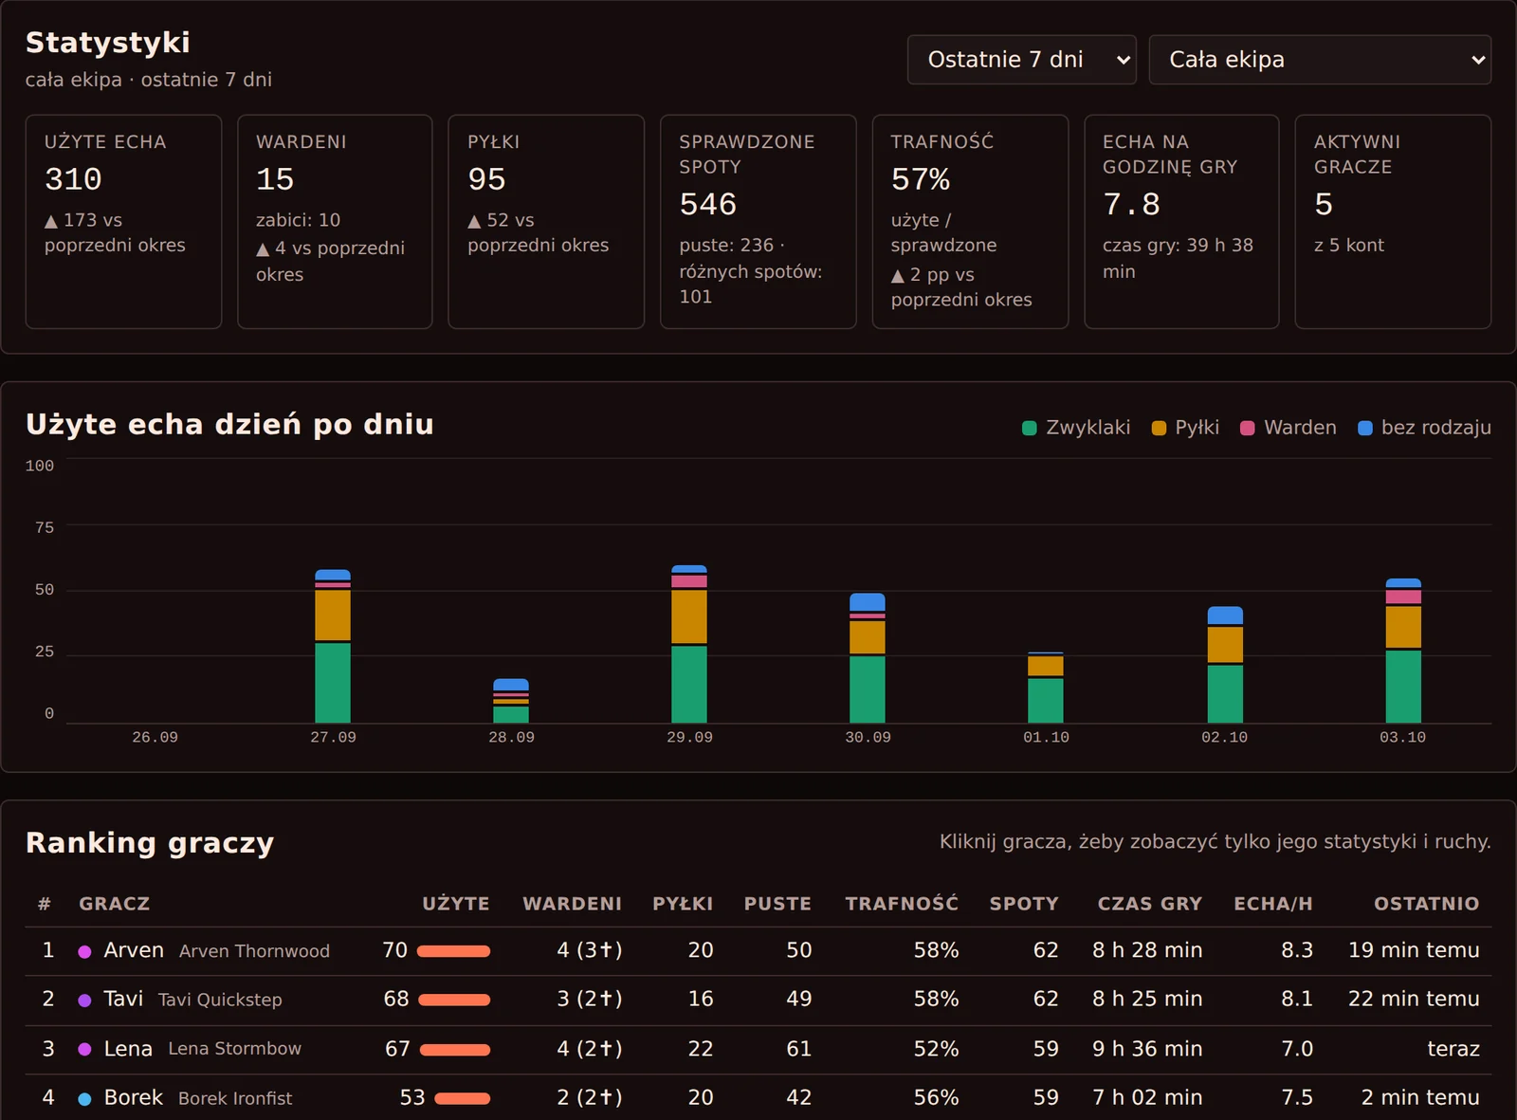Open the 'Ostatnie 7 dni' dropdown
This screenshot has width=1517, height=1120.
click(x=1021, y=60)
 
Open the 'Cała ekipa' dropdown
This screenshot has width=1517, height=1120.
click(x=1320, y=60)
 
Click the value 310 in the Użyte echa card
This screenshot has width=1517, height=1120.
click(x=73, y=179)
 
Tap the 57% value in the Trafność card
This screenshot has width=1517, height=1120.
click(x=920, y=179)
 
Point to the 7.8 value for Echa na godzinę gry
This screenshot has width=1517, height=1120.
click(x=1131, y=205)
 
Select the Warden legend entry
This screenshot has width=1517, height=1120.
click(x=1288, y=428)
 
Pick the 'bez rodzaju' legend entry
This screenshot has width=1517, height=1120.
click(x=1424, y=428)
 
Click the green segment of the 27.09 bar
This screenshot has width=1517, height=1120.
click(x=333, y=683)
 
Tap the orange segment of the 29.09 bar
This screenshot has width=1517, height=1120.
click(x=689, y=616)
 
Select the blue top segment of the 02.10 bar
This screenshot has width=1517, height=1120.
click(x=1225, y=615)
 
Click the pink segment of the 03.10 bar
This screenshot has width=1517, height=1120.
click(x=1403, y=597)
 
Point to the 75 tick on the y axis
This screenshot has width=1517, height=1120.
click(x=45, y=527)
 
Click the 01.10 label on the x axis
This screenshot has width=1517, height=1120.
click(x=1046, y=738)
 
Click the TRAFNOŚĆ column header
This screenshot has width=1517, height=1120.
click(x=902, y=904)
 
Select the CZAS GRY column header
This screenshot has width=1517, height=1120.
click(x=1150, y=904)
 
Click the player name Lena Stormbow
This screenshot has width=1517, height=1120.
click(x=234, y=1049)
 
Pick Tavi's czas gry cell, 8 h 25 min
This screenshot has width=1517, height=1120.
click(x=1147, y=999)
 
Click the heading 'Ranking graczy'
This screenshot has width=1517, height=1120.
click(x=150, y=843)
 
